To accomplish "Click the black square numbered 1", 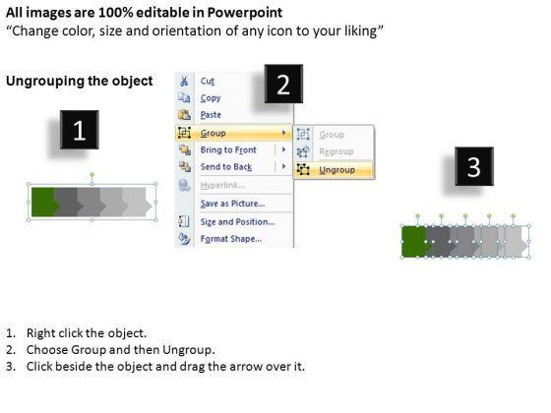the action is click(x=80, y=130).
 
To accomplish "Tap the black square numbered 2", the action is click(x=283, y=84).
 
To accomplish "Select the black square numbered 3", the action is click(x=474, y=166).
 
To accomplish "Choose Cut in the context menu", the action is click(x=208, y=81).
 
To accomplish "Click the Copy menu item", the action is click(x=211, y=98).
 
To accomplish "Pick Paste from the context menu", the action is click(x=211, y=115).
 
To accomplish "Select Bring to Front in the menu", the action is click(x=228, y=149).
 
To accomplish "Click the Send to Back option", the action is click(x=226, y=167).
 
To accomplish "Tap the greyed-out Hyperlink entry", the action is click(x=222, y=185).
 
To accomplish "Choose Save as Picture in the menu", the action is click(x=232, y=204).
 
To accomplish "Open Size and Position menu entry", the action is click(x=237, y=222).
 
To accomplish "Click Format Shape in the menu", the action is click(x=231, y=239).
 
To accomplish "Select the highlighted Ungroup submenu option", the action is click(x=337, y=170).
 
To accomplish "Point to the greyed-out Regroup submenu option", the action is click(x=337, y=151).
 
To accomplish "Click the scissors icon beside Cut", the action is click(x=184, y=81).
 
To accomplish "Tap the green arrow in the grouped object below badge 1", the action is click(x=45, y=202).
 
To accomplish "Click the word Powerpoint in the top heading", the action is click(x=245, y=13).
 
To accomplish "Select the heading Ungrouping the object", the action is click(x=80, y=81).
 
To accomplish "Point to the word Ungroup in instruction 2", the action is click(x=188, y=350).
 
